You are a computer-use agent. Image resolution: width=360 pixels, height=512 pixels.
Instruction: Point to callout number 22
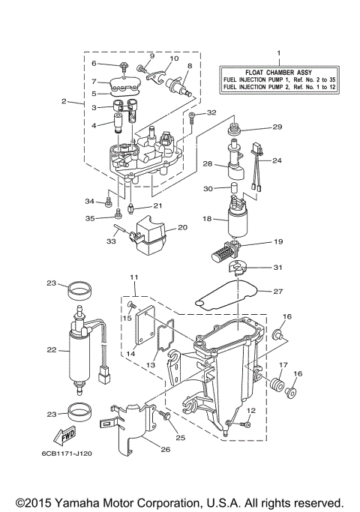(52, 349)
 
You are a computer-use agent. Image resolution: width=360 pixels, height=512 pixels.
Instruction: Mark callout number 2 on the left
(65, 100)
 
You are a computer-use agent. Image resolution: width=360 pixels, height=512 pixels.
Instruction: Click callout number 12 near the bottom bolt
(251, 410)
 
